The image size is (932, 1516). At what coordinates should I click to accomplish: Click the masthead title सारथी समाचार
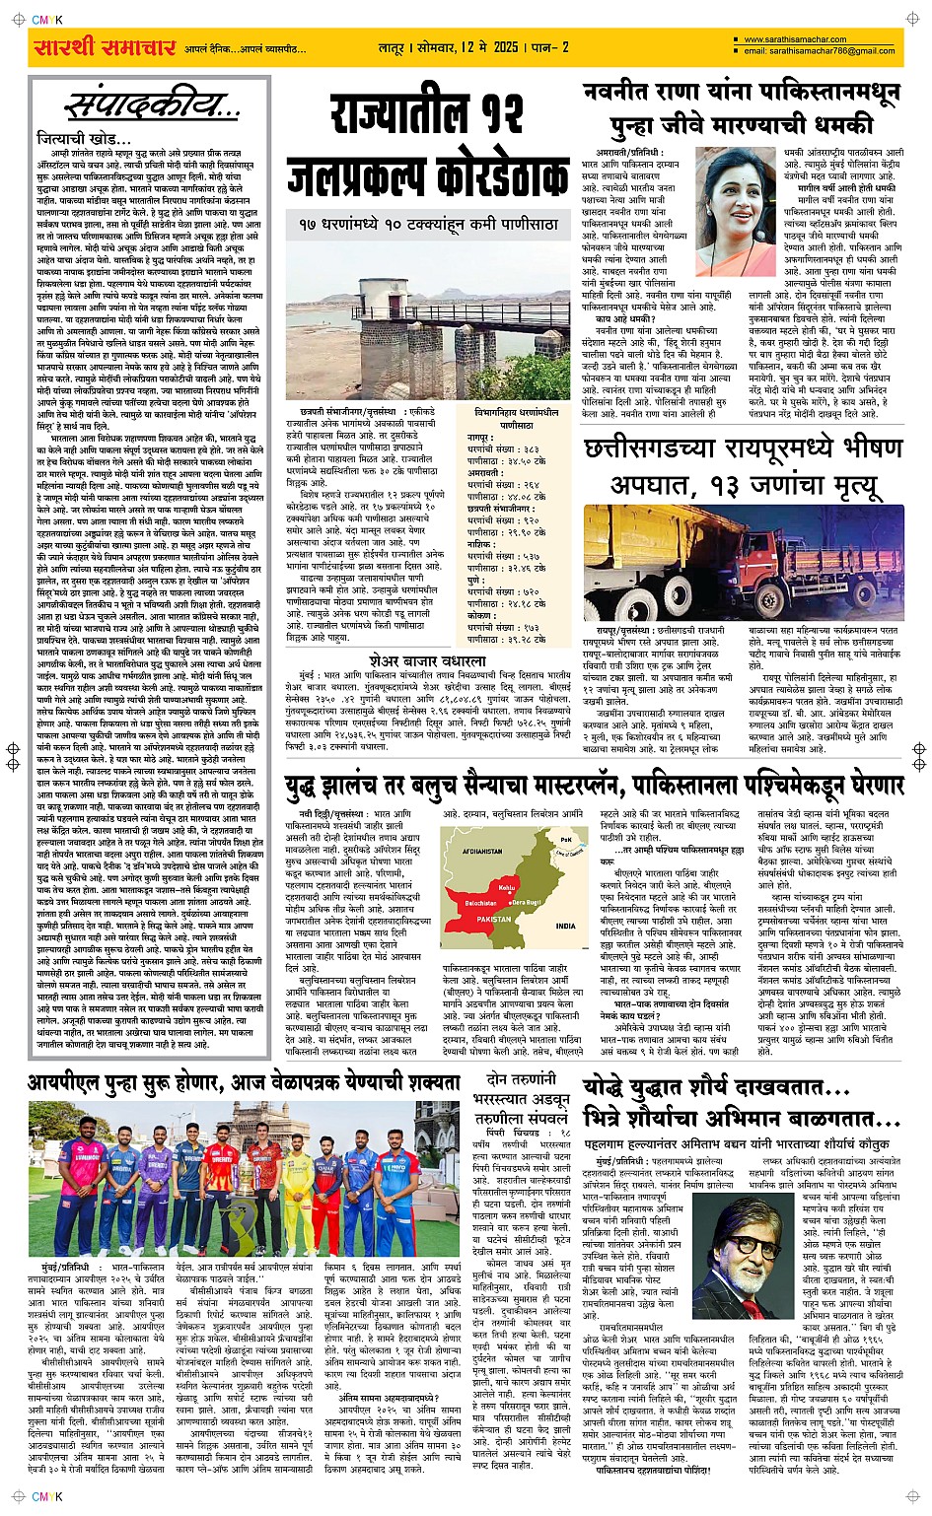click(105, 47)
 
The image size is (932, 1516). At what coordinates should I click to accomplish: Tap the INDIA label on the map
click(565, 926)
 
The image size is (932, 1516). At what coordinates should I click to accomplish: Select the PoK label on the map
click(565, 839)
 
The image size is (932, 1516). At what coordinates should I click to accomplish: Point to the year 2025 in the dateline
click(506, 46)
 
